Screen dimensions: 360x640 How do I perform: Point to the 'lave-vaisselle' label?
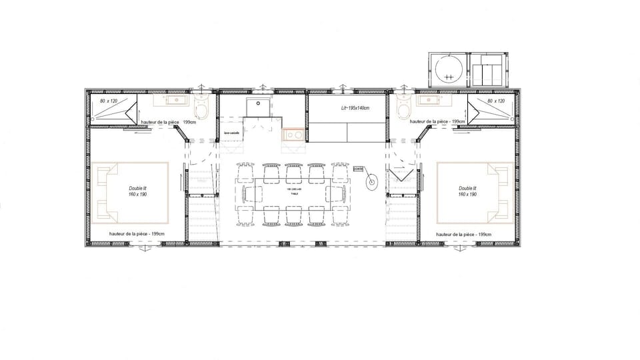(232, 133)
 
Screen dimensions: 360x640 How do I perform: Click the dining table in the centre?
(291, 193)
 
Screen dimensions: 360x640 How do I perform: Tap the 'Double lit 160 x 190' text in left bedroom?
(138, 192)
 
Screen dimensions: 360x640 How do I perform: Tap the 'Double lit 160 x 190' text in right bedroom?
(467, 192)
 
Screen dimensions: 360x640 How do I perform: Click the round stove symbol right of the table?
(371, 182)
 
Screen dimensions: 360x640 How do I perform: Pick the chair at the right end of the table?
(335, 193)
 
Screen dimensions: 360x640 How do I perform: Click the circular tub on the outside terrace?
(447, 69)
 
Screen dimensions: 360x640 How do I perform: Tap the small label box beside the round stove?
(358, 169)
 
